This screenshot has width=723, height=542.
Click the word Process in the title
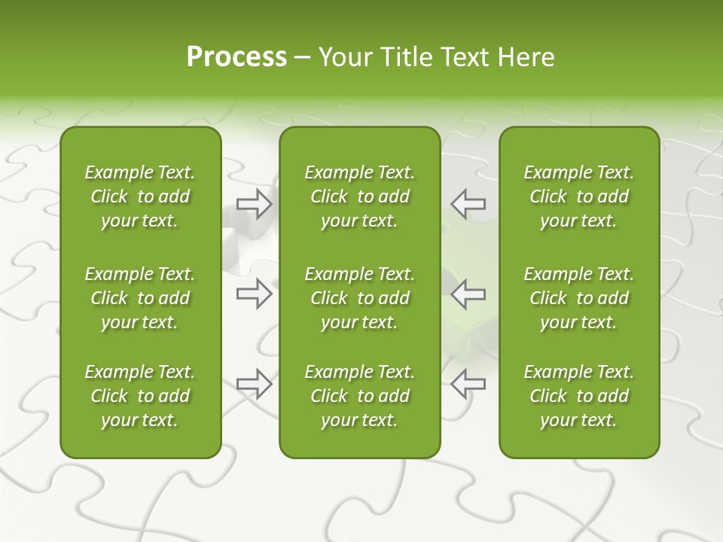236,57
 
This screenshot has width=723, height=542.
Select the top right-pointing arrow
255,203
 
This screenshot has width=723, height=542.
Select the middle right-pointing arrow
255,294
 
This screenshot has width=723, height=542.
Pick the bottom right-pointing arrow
255,384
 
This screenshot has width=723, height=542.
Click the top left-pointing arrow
468,203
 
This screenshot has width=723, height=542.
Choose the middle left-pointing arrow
468,294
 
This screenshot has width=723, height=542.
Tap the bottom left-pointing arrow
468,384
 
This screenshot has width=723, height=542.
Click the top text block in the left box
140,196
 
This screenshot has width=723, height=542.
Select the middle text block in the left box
140,298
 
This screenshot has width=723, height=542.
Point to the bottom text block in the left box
140,396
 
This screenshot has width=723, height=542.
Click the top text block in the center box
359,196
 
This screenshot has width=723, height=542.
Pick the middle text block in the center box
359,298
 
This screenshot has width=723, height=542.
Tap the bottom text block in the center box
359,396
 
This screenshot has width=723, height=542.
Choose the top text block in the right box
578,196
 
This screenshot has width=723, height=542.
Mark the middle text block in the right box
578,298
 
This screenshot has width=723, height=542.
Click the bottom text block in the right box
578,396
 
